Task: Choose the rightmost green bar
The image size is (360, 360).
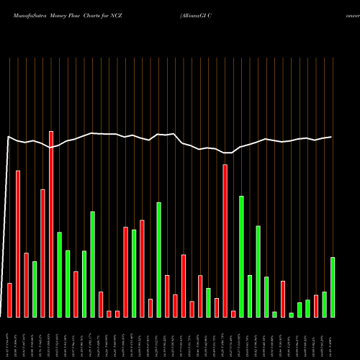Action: point(333,287)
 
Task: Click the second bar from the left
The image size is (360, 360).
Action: point(18,244)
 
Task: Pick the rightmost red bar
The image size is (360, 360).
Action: point(316,306)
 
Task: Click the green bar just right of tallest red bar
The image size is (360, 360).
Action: point(60,274)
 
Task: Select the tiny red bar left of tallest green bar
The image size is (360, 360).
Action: point(233,314)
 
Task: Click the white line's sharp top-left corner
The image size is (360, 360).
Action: point(9,136)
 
